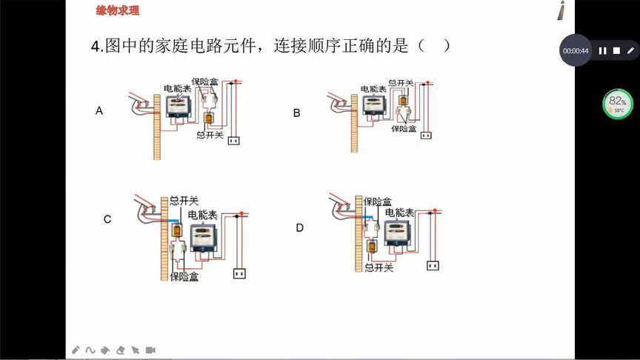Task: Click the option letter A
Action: coord(99,111)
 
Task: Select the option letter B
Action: coord(296,113)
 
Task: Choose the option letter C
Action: coord(107,219)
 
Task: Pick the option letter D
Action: coord(299,228)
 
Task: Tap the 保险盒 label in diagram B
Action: coord(404,128)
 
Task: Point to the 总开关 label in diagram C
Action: coord(184,201)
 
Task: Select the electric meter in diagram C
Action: coord(204,237)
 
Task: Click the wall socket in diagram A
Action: coord(236,139)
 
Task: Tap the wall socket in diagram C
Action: coord(239,274)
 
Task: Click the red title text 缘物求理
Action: coord(118,11)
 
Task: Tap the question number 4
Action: coord(96,47)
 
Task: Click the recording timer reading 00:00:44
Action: coord(576,51)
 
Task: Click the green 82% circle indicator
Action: coord(617,104)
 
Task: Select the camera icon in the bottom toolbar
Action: coord(150,350)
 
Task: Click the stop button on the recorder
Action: coord(616,51)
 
